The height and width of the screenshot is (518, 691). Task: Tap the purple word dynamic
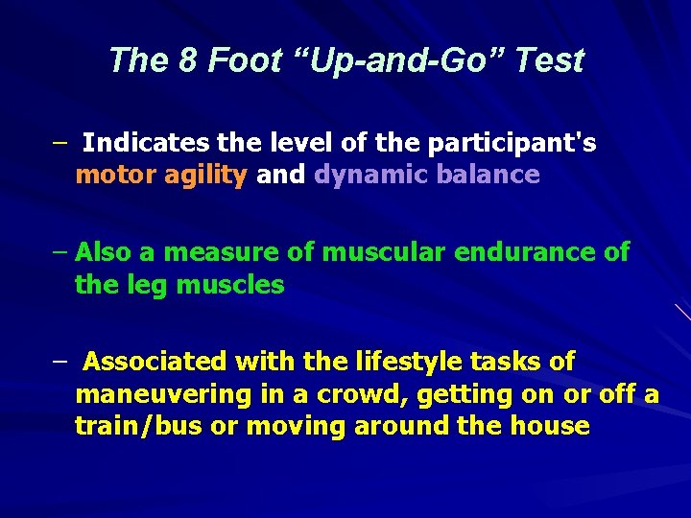[x=370, y=176]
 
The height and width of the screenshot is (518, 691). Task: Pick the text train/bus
[x=138, y=426]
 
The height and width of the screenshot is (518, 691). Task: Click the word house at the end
[x=551, y=426]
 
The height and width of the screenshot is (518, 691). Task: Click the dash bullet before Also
[x=60, y=252]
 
